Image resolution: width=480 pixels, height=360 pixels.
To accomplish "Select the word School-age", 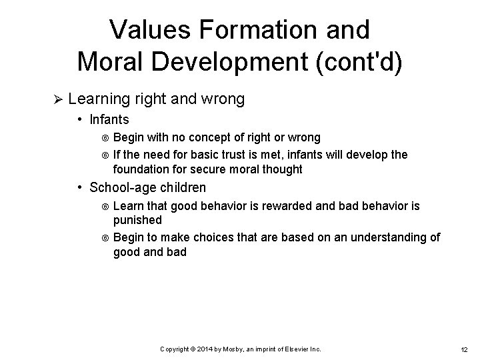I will [x=119, y=187].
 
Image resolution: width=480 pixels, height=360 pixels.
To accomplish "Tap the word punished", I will [x=137, y=219].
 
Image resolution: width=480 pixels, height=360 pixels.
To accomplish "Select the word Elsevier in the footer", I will [x=298, y=349].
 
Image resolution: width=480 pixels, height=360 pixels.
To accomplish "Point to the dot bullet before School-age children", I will [x=79, y=187].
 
